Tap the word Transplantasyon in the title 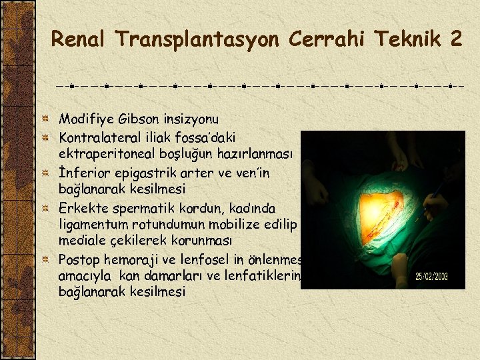click(199, 39)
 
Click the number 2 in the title click(455, 39)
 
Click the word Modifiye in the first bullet click(85, 119)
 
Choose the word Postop click(78, 258)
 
